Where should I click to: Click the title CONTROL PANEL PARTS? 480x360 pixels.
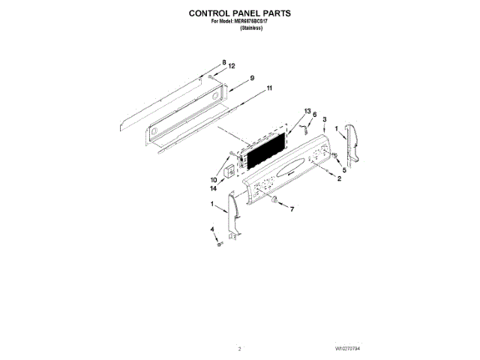(239, 13)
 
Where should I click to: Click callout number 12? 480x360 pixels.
(232, 67)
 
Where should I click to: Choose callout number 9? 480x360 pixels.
(252, 78)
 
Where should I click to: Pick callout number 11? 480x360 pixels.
(269, 89)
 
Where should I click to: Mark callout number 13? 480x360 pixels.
(307, 111)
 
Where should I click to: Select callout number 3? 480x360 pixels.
(324, 120)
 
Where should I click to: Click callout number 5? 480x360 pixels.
(344, 171)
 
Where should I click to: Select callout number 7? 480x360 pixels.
(292, 208)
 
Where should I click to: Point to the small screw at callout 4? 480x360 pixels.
(218, 244)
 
